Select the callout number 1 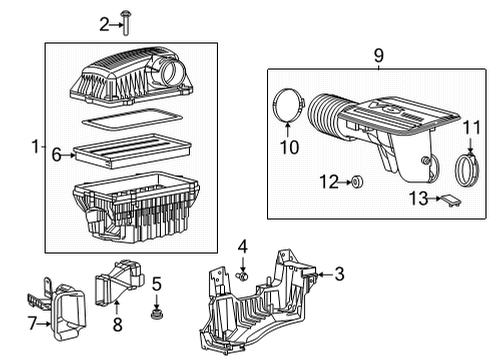[35, 146]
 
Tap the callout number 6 [57, 154]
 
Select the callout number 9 [377, 56]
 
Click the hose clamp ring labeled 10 [288, 106]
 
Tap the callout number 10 [288, 149]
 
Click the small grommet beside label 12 [357, 182]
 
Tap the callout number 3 [339, 274]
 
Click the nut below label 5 [156, 316]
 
